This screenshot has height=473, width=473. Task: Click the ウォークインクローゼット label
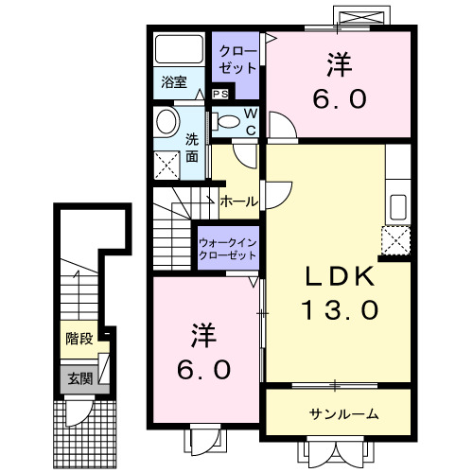click(x=227, y=250)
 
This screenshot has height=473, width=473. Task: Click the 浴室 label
click(x=172, y=82)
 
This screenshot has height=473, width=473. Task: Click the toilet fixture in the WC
click(x=228, y=120)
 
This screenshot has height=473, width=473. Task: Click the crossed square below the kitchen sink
click(x=394, y=242)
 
